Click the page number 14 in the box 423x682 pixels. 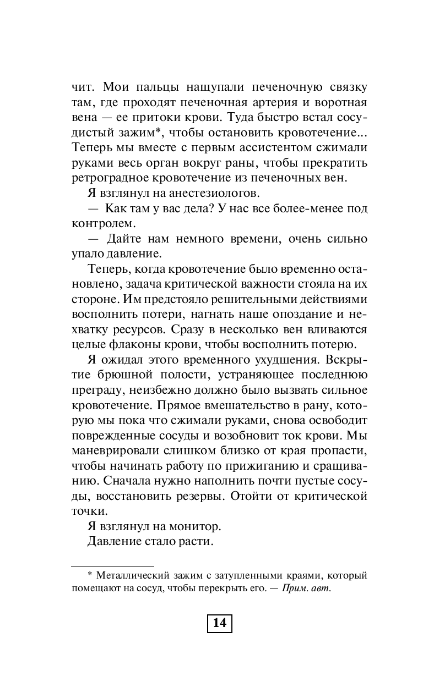219,623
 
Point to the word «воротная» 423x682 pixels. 341,103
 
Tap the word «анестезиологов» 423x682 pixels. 213,192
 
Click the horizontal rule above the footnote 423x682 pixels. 113,566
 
